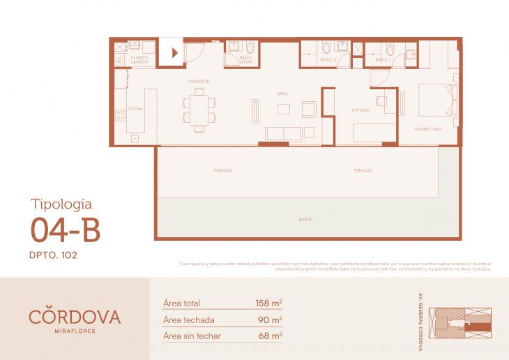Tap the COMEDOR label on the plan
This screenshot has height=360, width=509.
tap(199, 82)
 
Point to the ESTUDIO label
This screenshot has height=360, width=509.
tap(361, 110)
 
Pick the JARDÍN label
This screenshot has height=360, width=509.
tap(305, 220)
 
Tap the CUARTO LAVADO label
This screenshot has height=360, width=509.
tap(142, 60)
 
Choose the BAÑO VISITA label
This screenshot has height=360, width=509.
tap(245, 61)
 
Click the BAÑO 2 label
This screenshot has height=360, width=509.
tap(329, 60)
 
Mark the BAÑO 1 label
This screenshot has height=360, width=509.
tap(382, 60)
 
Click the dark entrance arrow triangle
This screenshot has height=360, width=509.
tap(175, 52)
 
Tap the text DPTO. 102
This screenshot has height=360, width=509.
tap(54, 255)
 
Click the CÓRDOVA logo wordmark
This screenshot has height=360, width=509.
tap(75, 316)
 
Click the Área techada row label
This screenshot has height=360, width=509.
tap(188, 320)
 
